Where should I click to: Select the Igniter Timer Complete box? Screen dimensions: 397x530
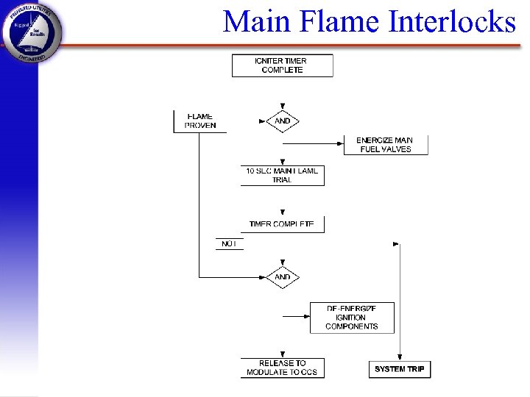point(282,65)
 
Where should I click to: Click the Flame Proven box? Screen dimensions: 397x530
point(199,121)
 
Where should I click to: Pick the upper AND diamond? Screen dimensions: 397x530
point(282,121)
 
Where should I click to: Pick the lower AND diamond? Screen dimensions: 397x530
point(282,277)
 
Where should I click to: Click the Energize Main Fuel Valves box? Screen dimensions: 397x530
point(385,145)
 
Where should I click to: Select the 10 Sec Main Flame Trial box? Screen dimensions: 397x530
point(282,175)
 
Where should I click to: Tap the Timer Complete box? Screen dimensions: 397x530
point(282,224)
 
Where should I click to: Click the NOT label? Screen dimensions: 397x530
point(229,243)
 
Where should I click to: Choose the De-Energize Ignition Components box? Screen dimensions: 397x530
point(352,318)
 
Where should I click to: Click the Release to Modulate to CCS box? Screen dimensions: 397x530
point(282,368)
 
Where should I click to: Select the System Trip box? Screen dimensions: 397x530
point(399,368)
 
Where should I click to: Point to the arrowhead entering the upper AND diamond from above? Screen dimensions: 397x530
point(283,107)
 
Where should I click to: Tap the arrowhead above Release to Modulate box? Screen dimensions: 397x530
point(283,354)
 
